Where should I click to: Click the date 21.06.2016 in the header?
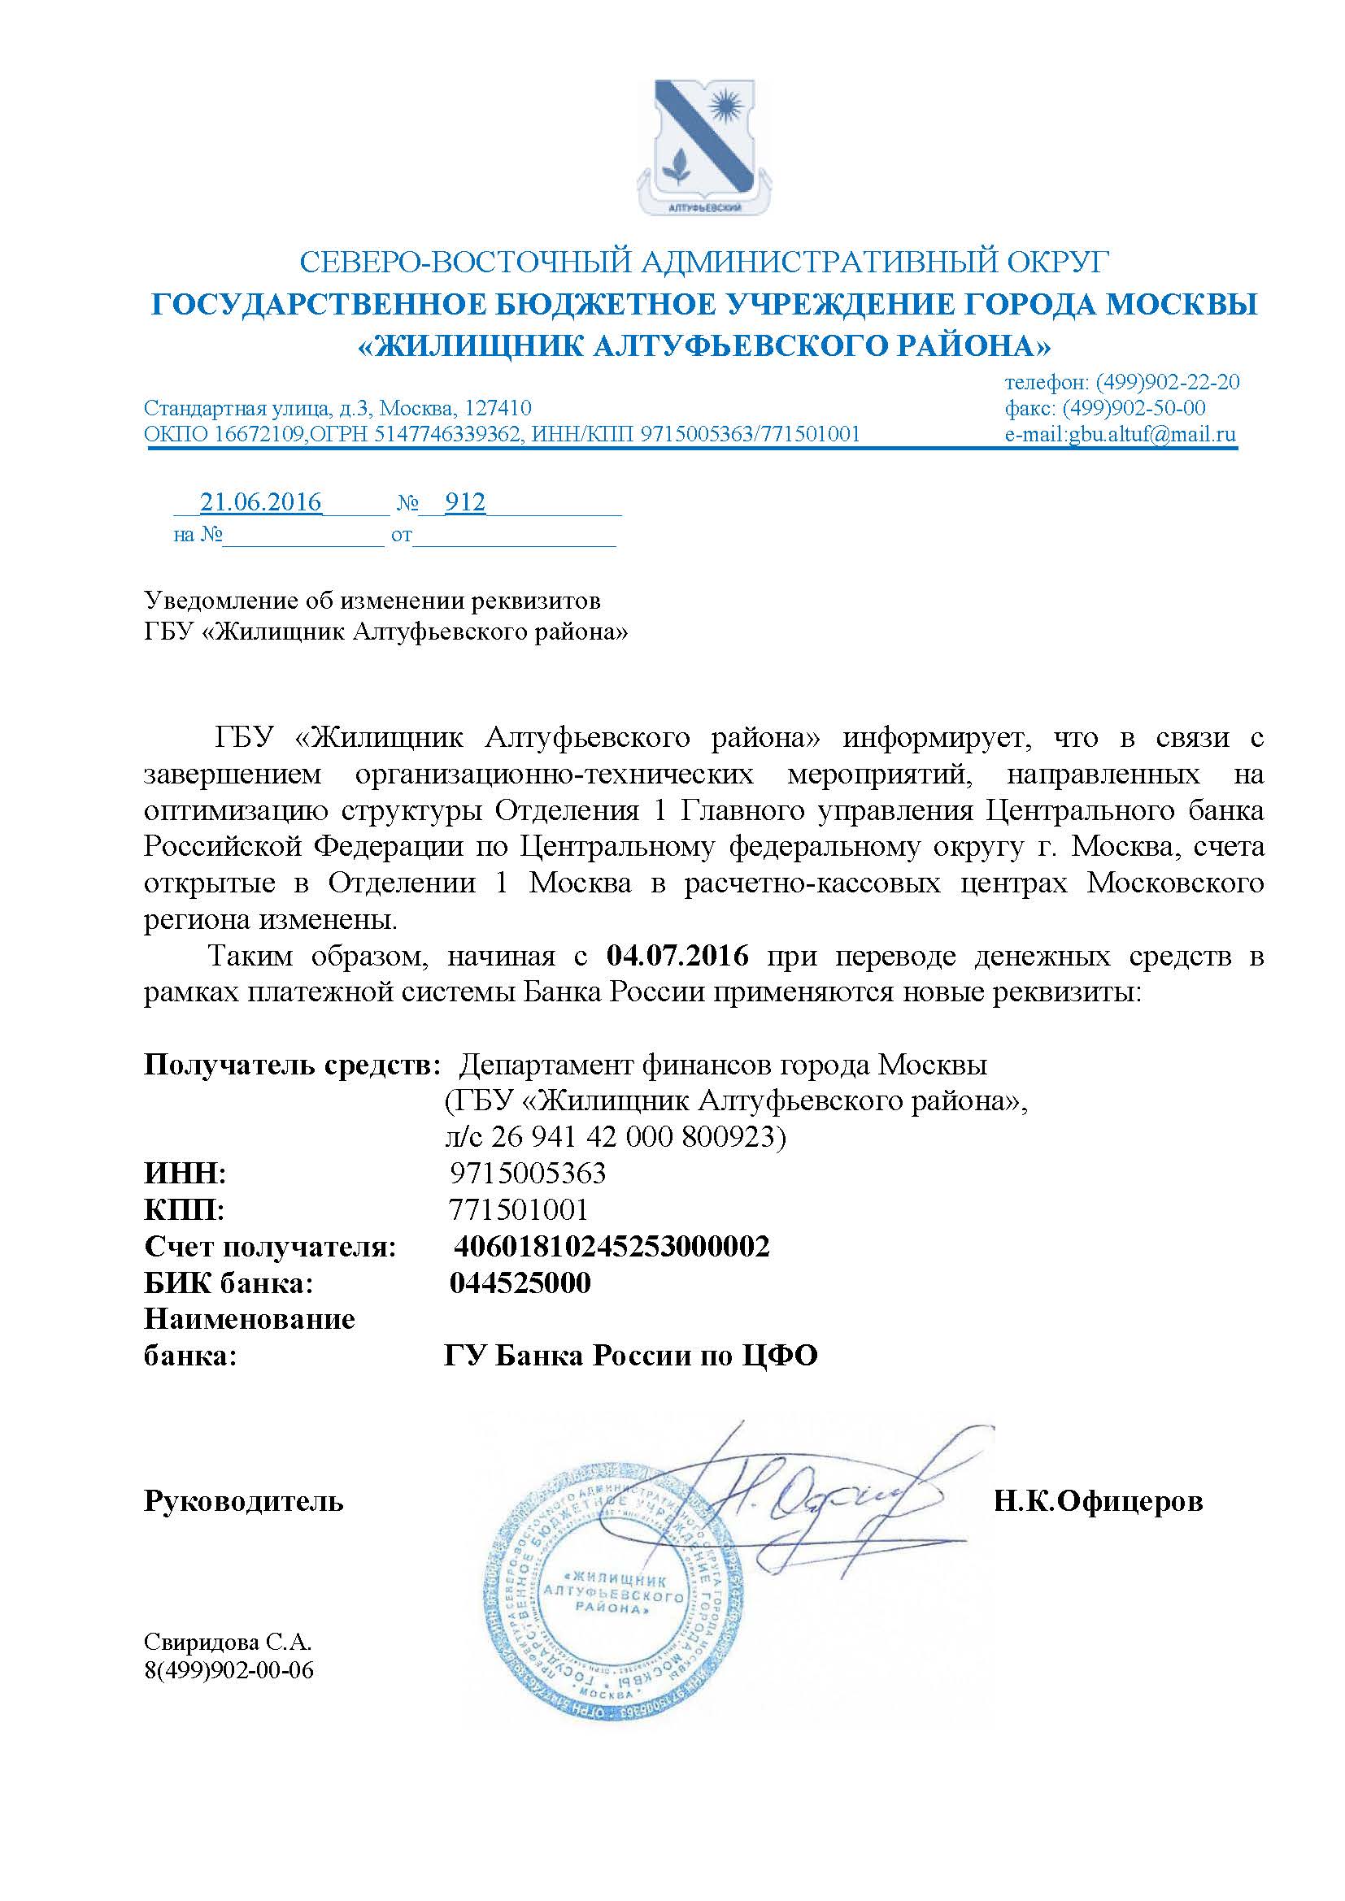click(x=261, y=502)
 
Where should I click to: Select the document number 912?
click(x=464, y=502)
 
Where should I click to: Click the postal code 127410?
click(x=498, y=408)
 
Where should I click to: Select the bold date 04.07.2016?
click(x=677, y=957)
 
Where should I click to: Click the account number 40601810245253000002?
click(x=612, y=1247)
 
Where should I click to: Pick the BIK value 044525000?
click(x=520, y=1283)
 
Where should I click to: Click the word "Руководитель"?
click(x=244, y=1501)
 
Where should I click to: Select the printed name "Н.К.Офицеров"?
click(x=1098, y=1501)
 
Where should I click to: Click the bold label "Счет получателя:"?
click(x=270, y=1247)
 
